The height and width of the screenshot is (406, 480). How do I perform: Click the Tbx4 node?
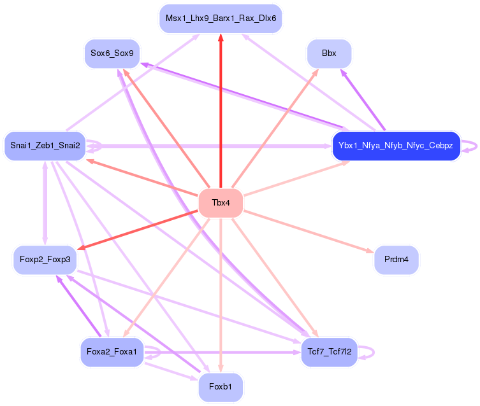tap(221, 203)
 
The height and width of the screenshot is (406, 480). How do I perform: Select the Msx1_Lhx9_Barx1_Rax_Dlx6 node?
tap(221, 18)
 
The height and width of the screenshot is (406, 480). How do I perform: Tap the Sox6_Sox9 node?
tap(112, 53)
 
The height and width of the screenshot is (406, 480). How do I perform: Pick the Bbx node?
tap(329, 53)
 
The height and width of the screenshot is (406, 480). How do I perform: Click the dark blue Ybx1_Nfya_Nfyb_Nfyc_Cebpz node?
tap(395, 146)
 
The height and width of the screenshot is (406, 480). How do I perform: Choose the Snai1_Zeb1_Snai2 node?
tap(45, 146)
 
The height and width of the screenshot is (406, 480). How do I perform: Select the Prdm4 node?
tap(396, 260)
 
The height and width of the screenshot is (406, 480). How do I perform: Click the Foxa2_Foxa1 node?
tap(112, 351)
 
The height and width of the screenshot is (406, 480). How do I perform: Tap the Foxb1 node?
tap(221, 387)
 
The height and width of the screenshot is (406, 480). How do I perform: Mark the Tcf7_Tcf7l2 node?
tap(329, 351)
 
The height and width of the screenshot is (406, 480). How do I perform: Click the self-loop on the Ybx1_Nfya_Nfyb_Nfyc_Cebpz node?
tap(471, 146)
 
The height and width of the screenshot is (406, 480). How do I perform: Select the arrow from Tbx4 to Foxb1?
tap(221, 293)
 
